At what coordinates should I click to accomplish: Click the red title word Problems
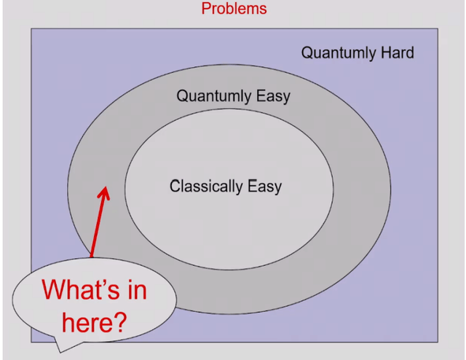(234, 9)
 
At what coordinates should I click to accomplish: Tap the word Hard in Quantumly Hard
(396, 52)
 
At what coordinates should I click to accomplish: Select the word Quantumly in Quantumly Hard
(338, 53)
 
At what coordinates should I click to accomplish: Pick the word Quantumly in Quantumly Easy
(213, 96)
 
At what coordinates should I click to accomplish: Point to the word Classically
(206, 187)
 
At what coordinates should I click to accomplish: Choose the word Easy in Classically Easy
(264, 187)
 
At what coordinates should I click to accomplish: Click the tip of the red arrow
(105, 189)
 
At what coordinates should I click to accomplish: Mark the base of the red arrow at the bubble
(92, 257)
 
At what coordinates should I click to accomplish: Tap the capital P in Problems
(206, 9)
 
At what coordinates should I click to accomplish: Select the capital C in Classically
(175, 187)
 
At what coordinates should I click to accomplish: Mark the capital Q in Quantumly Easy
(183, 96)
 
